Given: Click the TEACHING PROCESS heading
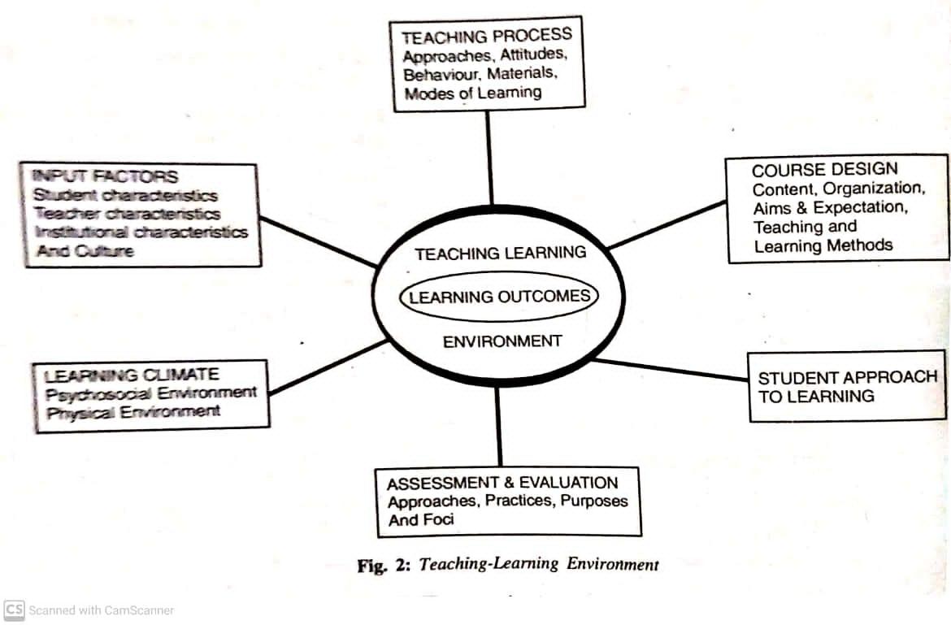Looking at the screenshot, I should click(x=486, y=37).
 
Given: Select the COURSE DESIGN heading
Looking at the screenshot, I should click(x=824, y=170).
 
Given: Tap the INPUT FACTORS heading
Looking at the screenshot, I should click(x=104, y=176).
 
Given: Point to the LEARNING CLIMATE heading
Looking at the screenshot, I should click(x=131, y=375).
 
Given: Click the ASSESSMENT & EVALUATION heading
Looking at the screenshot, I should click(x=502, y=483).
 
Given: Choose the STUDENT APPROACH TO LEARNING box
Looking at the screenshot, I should click(x=847, y=387).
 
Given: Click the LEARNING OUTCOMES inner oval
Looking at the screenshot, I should click(x=499, y=297).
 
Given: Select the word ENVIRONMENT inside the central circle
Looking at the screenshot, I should click(x=502, y=341).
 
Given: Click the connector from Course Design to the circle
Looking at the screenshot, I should click(x=666, y=224).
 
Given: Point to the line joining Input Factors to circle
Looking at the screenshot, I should click(x=319, y=241).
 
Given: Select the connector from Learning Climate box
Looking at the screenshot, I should click(x=328, y=367).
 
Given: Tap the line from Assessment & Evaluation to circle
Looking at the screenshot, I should click(x=498, y=426).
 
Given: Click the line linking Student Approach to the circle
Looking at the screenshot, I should click(x=671, y=370).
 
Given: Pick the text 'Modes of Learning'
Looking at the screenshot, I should click(x=472, y=93).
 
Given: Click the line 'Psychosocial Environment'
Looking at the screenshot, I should click(x=150, y=393).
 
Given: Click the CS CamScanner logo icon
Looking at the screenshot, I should click(x=14, y=610).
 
